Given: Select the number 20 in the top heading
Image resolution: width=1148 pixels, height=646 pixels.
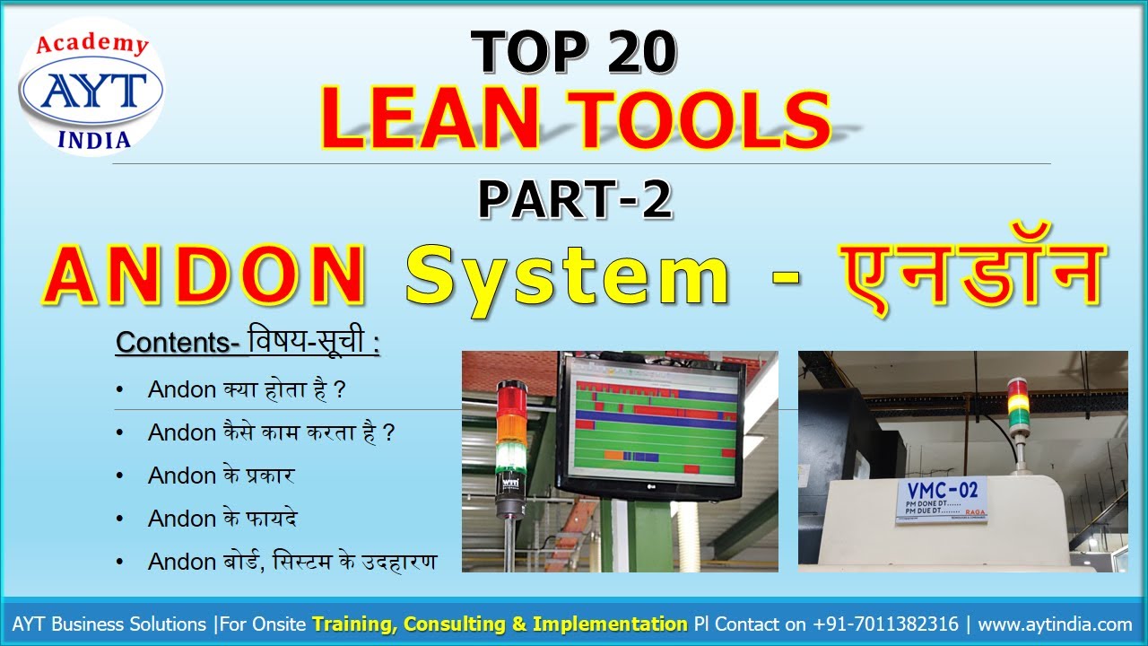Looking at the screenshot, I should (x=628, y=51).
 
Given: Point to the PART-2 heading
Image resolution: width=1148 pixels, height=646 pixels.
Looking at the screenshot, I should (x=575, y=199).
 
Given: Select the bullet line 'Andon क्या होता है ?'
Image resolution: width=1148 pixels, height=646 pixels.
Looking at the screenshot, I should (x=247, y=389).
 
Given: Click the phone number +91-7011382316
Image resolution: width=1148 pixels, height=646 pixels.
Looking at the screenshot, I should (x=886, y=624).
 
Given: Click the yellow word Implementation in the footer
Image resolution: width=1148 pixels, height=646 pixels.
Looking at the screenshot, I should (x=610, y=624).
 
